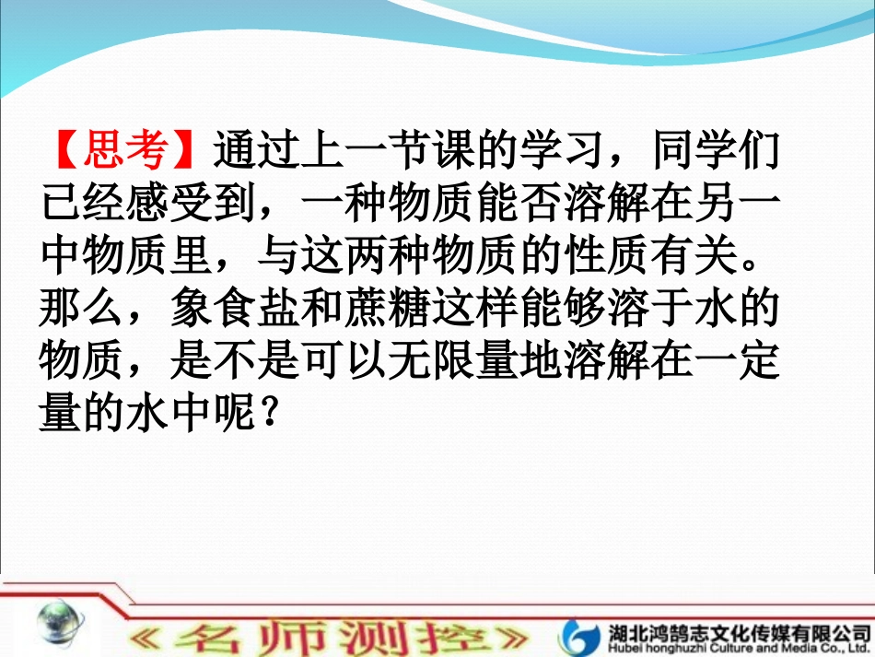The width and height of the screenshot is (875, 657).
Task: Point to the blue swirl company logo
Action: click(583, 634)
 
